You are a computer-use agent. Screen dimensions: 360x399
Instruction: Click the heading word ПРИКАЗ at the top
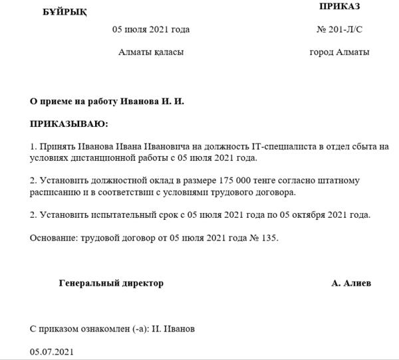pos(339,7)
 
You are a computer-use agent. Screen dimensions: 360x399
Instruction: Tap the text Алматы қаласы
pos(151,52)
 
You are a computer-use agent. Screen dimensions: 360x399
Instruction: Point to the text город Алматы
pos(339,52)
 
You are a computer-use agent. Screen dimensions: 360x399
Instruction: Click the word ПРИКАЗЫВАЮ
pos(68,124)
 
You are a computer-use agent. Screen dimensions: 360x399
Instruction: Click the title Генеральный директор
pos(111,283)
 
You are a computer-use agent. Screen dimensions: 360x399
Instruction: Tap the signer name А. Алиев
pos(351,283)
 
